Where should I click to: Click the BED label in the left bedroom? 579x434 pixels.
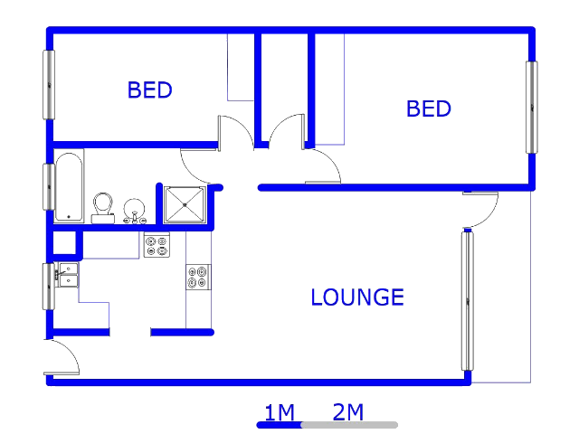[x=149, y=90]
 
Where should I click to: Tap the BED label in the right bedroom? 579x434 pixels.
[x=428, y=108]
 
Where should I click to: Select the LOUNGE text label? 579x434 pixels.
[x=357, y=297]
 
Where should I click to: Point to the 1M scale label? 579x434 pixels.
[x=280, y=412]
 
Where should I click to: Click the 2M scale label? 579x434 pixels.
[x=347, y=412]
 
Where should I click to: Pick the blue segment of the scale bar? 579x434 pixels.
[x=280, y=425]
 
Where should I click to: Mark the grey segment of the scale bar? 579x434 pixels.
[x=350, y=425]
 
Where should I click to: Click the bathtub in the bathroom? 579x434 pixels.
[x=69, y=186]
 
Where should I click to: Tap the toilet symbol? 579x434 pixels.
[x=103, y=208]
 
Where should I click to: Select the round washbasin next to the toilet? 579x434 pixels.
[x=134, y=211]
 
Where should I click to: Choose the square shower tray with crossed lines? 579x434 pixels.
[x=185, y=205]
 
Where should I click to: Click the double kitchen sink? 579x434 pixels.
[x=67, y=275]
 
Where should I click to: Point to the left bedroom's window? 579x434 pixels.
[x=49, y=85]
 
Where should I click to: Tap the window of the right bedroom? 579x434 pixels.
[x=532, y=108]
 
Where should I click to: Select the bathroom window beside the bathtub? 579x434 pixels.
[x=49, y=187]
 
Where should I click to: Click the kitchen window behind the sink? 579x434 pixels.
[x=48, y=287]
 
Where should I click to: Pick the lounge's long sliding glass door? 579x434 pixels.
[x=468, y=300]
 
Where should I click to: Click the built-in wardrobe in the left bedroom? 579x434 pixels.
[x=241, y=67]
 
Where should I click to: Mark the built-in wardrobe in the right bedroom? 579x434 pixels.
[x=329, y=90]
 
